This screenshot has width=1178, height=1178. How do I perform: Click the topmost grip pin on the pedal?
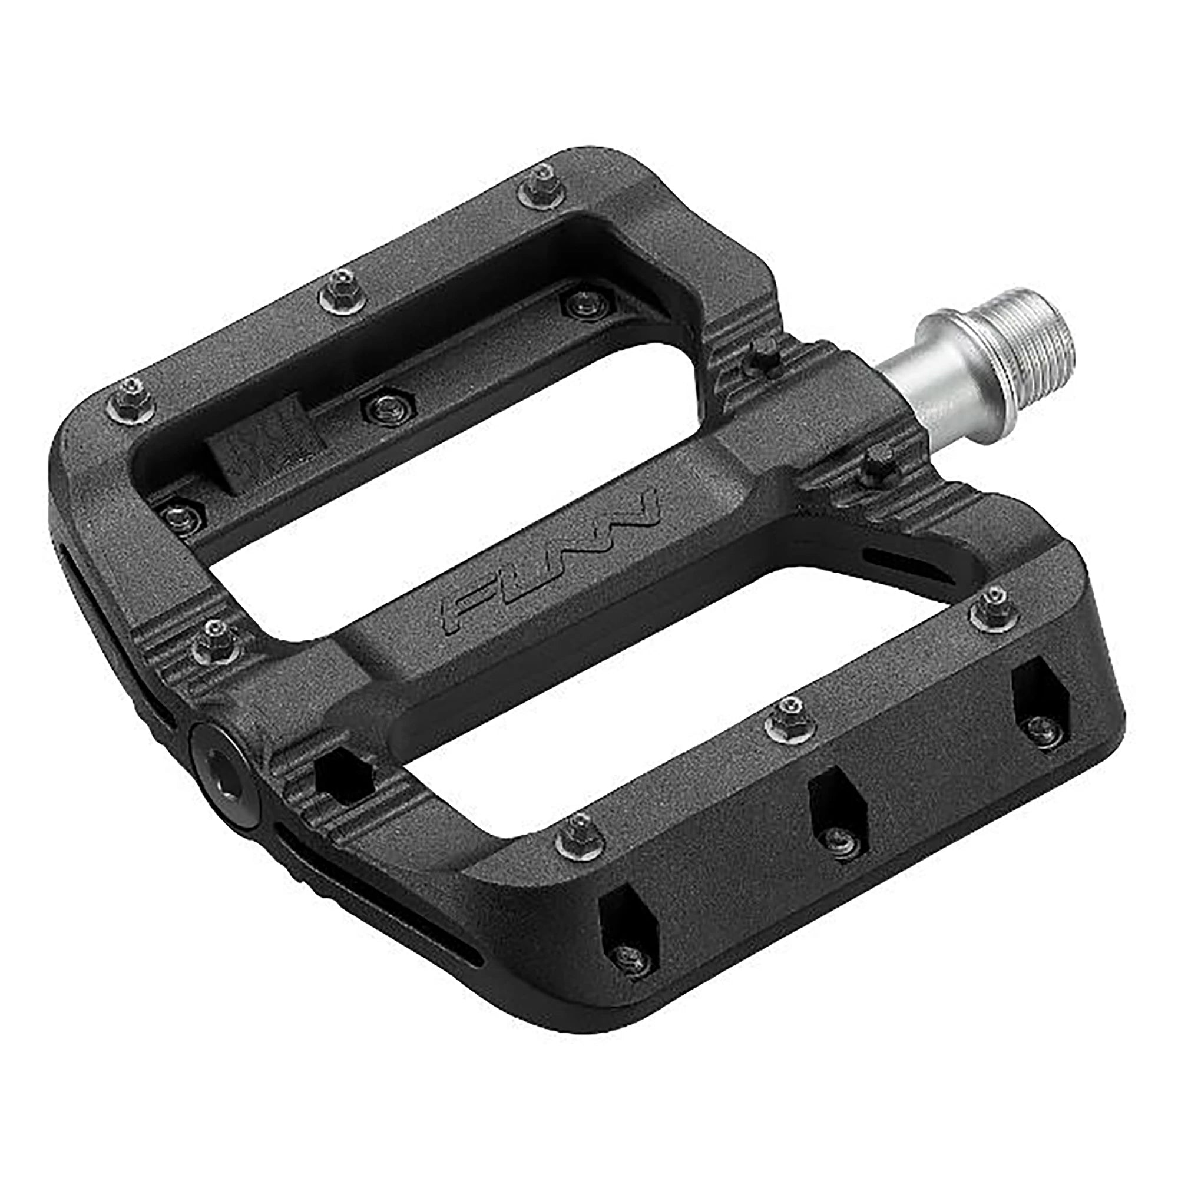pyautogui.click(x=541, y=186)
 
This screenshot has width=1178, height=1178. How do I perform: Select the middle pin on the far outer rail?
pyautogui.click(x=343, y=290)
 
